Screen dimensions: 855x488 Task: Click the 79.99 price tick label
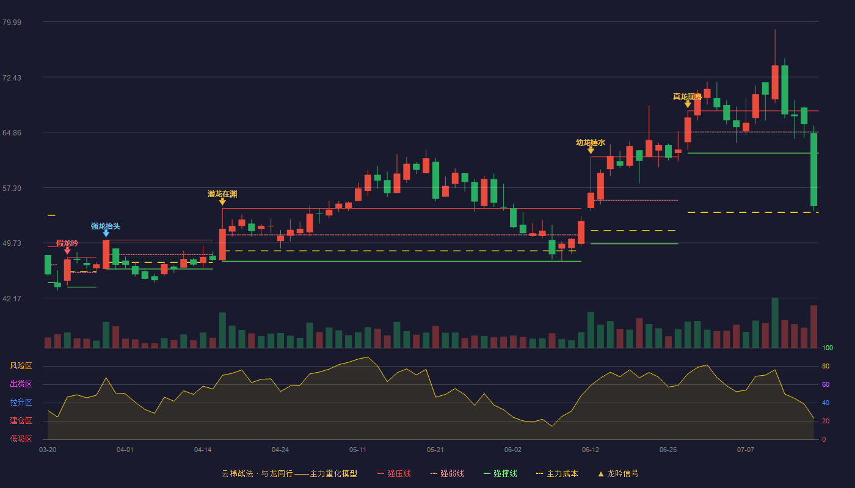point(12,22)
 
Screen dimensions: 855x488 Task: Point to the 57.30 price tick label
point(12,188)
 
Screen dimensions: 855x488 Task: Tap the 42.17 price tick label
point(12,298)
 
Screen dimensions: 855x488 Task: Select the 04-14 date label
point(203,450)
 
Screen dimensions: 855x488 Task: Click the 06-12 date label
point(591,450)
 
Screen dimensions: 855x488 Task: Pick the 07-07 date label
point(746,450)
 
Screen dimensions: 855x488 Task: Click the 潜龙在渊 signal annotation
point(222,194)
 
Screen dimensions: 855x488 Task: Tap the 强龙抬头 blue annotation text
point(105,226)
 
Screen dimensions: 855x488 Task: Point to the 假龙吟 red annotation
point(67,243)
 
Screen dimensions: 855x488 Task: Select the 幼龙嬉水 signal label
point(591,143)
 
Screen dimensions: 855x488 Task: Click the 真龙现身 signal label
point(688,97)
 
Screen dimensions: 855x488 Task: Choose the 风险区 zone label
point(21,366)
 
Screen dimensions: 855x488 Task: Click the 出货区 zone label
point(21,384)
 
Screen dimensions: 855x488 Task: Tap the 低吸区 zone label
point(21,439)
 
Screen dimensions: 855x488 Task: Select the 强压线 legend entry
point(395,473)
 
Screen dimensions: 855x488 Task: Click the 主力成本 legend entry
point(557,473)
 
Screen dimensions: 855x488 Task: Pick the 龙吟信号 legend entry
point(618,473)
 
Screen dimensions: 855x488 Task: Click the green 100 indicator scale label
point(828,348)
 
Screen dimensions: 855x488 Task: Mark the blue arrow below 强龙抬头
point(106,233)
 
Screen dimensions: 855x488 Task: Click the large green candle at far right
point(813,170)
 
